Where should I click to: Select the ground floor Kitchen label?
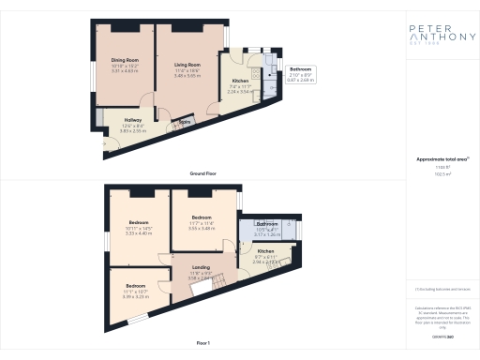(x=241, y=81)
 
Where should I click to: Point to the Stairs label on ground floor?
(x=185, y=121)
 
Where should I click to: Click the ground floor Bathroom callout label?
(x=300, y=69)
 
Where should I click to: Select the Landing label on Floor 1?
(x=200, y=267)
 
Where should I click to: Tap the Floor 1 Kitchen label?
(x=266, y=251)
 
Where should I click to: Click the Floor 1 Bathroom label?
(x=267, y=224)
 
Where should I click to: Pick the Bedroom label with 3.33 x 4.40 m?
(x=139, y=222)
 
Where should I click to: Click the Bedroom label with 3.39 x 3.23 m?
(x=136, y=285)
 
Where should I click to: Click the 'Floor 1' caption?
(x=203, y=346)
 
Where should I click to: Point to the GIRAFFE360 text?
(x=431, y=335)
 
